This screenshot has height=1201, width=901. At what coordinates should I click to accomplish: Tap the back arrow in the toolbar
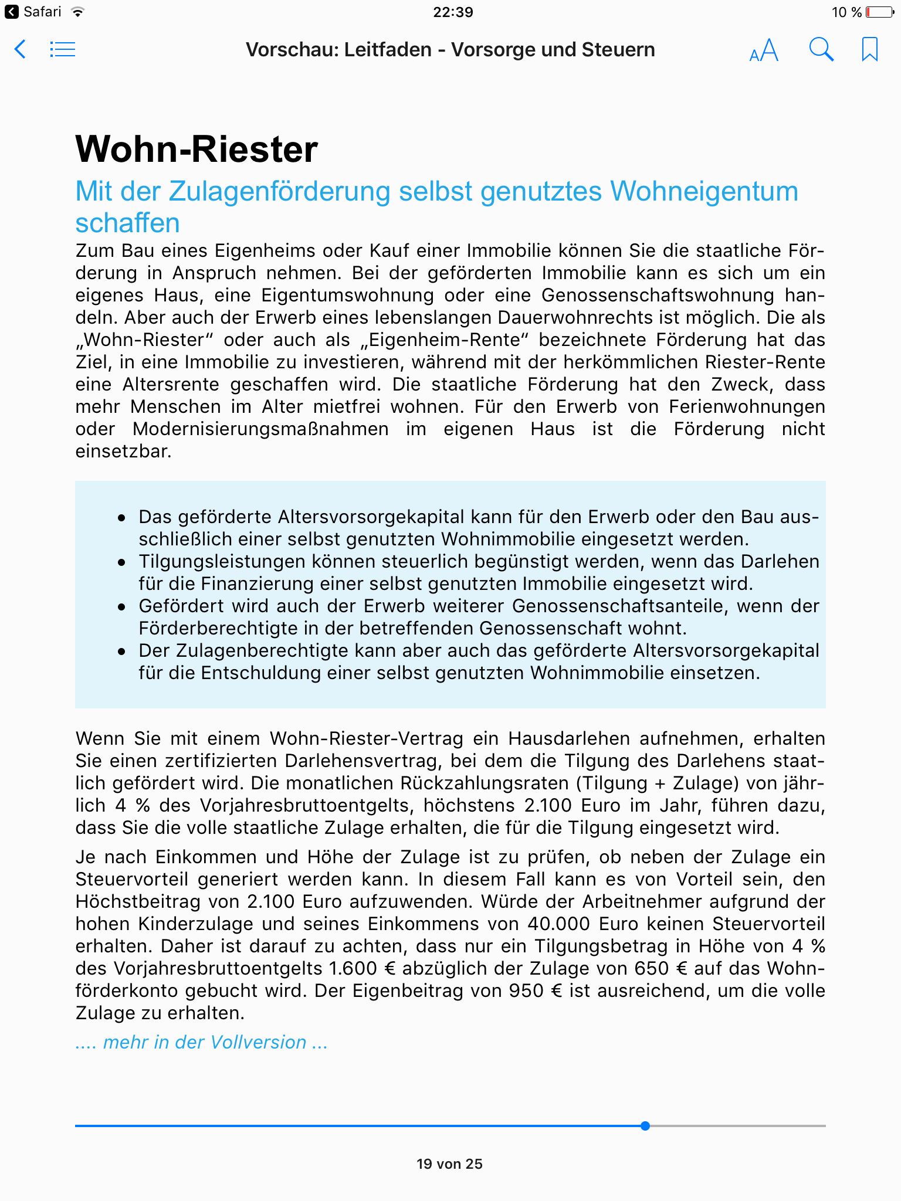[x=20, y=49]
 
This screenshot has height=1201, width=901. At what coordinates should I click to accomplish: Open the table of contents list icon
[x=63, y=49]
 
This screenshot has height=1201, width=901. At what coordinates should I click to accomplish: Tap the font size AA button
[x=764, y=50]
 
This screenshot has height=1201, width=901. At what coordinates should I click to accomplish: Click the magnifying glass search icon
[x=821, y=50]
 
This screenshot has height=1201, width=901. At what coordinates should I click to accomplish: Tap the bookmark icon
[x=869, y=49]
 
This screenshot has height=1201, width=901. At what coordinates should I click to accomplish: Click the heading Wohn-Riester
[x=197, y=149]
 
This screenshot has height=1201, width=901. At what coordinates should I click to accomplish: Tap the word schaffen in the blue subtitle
[x=127, y=223]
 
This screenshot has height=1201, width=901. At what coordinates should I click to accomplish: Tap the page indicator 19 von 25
[x=449, y=1164]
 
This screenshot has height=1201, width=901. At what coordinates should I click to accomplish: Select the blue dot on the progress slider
[x=645, y=1126]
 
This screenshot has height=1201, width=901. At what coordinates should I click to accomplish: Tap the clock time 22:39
[x=453, y=12]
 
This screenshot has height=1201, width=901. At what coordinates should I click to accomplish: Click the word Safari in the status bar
[x=42, y=12]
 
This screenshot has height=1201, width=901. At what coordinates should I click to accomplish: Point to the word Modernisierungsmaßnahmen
[x=260, y=429]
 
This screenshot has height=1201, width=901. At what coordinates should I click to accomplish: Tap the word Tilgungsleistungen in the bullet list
[x=221, y=562]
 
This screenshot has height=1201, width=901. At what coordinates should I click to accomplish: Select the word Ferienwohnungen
[x=747, y=407]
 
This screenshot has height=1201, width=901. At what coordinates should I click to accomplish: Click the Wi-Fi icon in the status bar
[x=77, y=12]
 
